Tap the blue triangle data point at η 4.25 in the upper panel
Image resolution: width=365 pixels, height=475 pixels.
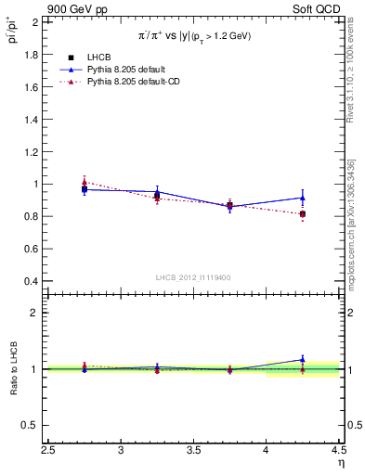[303, 197]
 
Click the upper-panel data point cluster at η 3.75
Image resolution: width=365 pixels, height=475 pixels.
[230, 206]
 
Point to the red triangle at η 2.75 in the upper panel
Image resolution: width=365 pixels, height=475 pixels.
[85, 183]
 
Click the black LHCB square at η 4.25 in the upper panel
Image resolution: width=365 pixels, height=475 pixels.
[303, 214]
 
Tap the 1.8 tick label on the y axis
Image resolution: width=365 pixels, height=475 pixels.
[32, 55]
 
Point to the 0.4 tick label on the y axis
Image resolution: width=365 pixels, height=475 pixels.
[32, 281]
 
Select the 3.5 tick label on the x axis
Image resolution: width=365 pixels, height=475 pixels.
[193, 452]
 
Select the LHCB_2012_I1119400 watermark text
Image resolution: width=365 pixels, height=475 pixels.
[193, 277]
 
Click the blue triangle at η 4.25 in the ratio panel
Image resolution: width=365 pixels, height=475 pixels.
[303, 359]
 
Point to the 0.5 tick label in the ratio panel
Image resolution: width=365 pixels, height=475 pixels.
[32, 425]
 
